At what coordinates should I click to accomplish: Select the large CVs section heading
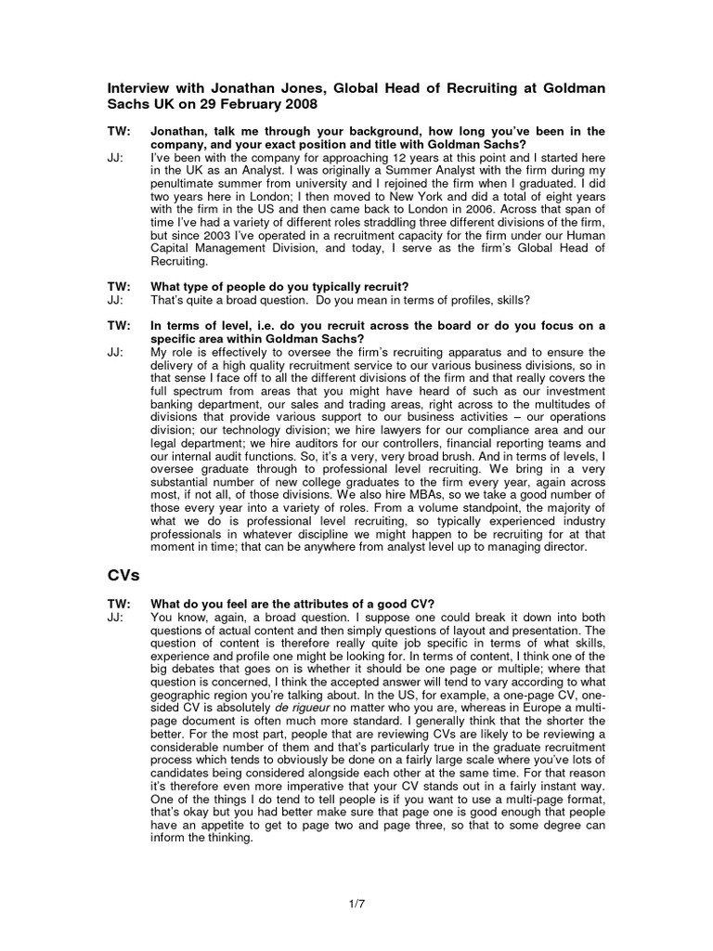point(123,576)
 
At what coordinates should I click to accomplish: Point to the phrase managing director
point(541,547)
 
